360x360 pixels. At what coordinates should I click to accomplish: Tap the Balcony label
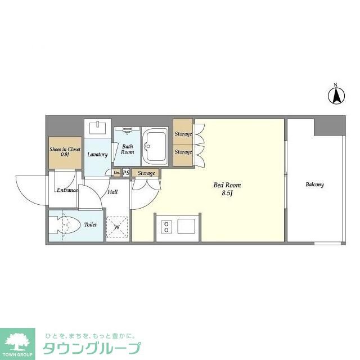coord(314,184)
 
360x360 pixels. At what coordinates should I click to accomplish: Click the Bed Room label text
coord(227,184)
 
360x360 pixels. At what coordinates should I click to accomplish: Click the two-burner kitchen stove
coord(167,226)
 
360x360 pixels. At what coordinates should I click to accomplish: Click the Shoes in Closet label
coord(65,151)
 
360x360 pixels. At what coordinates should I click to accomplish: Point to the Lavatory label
coord(97,154)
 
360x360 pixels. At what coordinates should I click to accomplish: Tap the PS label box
coord(126,173)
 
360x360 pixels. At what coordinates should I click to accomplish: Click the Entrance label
coord(66,190)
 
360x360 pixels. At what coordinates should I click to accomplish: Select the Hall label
coord(112,192)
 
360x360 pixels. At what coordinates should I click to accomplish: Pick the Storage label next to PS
coord(146,173)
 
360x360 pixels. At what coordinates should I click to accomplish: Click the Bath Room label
coord(128,149)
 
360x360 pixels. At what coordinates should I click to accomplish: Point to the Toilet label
coord(90,224)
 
